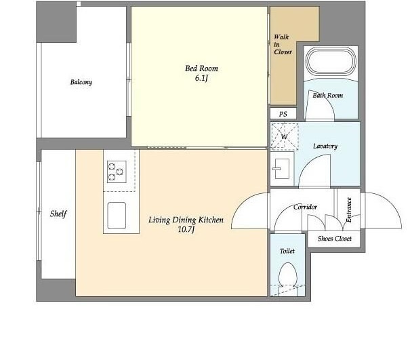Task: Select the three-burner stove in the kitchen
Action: tap(117, 172)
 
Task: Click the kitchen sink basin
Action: tap(117, 216)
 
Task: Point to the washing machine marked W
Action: tap(285, 136)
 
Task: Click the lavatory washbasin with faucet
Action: tap(281, 169)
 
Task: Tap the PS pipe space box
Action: tap(283, 113)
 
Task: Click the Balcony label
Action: tap(81, 82)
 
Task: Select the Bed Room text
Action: tap(201, 68)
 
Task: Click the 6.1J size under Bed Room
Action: tap(201, 78)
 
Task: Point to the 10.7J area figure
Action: tap(186, 230)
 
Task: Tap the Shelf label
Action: tap(58, 214)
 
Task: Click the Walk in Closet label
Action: tap(283, 45)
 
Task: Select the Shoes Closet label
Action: tap(335, 239)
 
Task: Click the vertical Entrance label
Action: tap(349, 209)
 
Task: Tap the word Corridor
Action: tap(306, 207)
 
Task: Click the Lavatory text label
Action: tap(325, 146)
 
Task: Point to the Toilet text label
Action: tap(287, 251)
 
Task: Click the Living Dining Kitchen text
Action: tap(186, 220)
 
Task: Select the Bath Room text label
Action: tap(328, 95)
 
